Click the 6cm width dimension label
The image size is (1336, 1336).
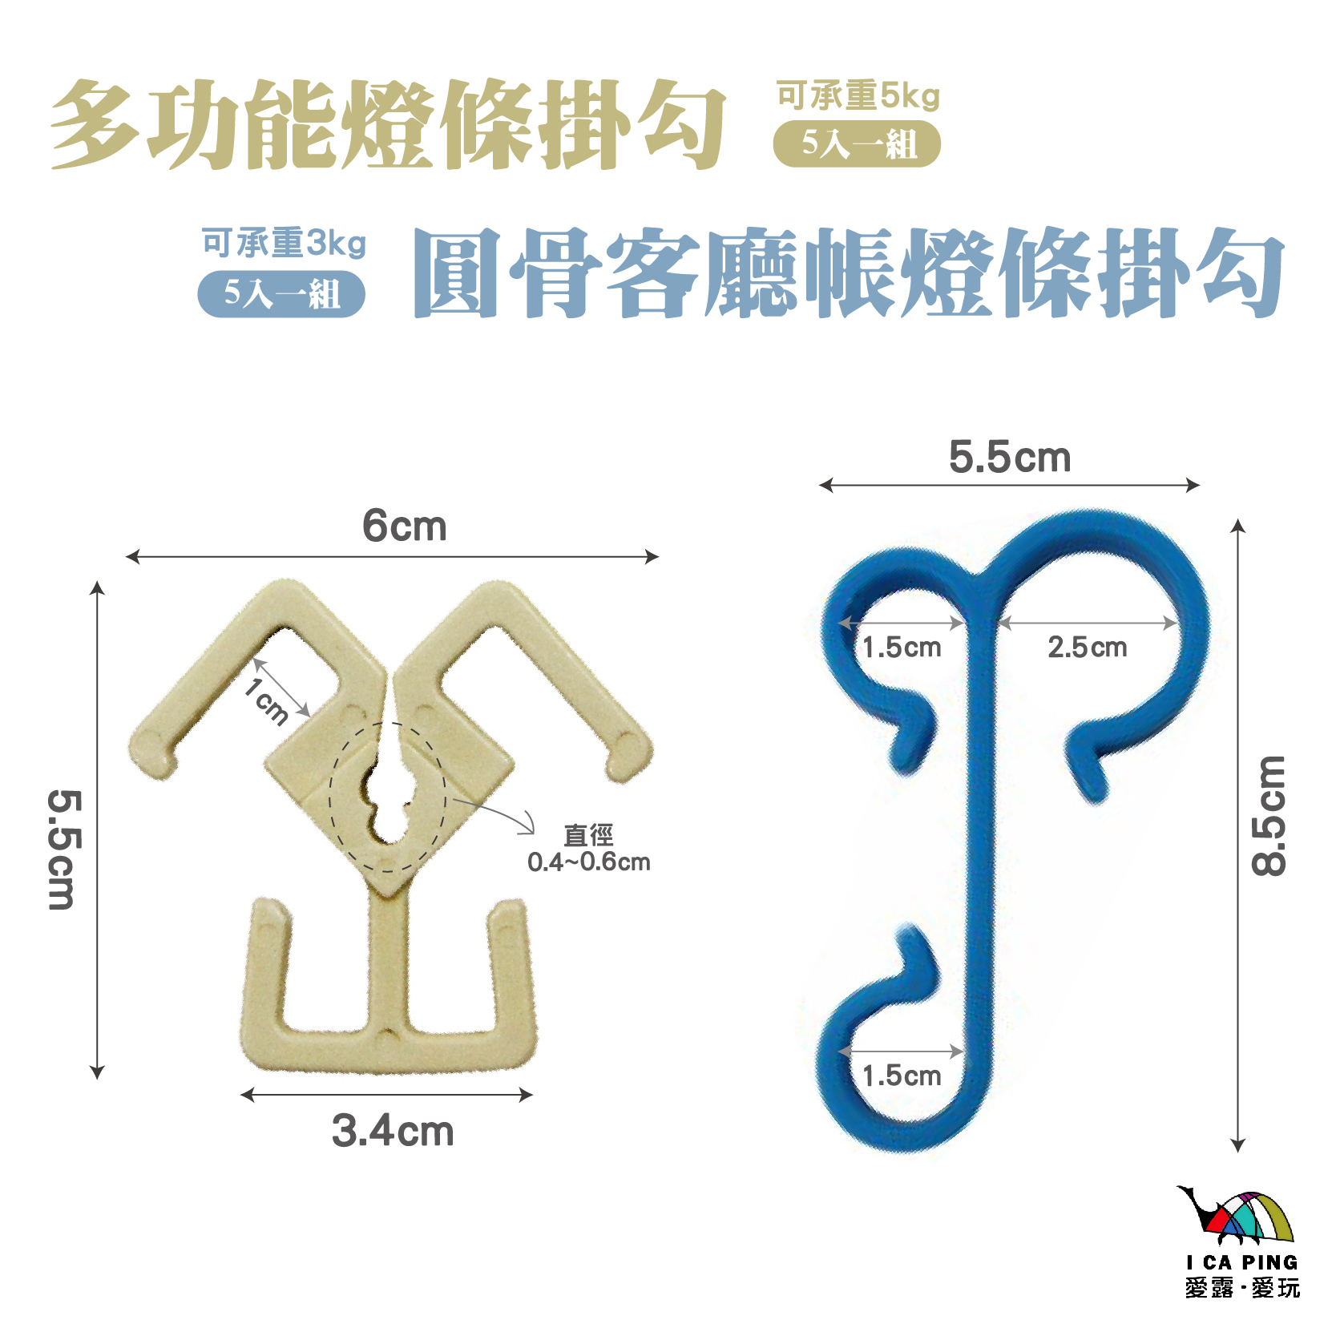pyautogui.click(x=404, y=527)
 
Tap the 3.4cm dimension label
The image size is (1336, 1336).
pyautogui.click(x=393, y=1131)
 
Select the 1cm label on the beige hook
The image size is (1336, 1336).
pyautogui.click(x=267, y=700)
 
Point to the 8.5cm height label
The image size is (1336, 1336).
pyautogui.click(x=1269, y=816)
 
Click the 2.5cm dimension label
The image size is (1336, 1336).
pyautogui.click(x=1087, y=647)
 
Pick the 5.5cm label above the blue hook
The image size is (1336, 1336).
pyautogui.click(x=1009, y=458)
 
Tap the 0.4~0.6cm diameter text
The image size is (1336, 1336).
pyautogui.click(x=588, y=862)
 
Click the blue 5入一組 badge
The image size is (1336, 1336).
pyautogui.click(x=281, y=293)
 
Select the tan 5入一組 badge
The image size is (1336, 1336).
pyautogui.click(x=857, y=144)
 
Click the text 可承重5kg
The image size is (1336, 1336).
pyautogui.click(x=858, y=96)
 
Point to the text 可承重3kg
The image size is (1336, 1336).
pyautogui.click(x=284, y=242)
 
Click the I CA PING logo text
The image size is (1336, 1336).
pyautogui.click(x=1241, y=1262)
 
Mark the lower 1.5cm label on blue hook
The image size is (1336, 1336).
pyautogui.click(x=902, y=1076)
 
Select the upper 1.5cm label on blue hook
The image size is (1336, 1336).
pyautogui.click(x=902, y=647)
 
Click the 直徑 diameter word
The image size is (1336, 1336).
pyautogui.click(x=588, y=836)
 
